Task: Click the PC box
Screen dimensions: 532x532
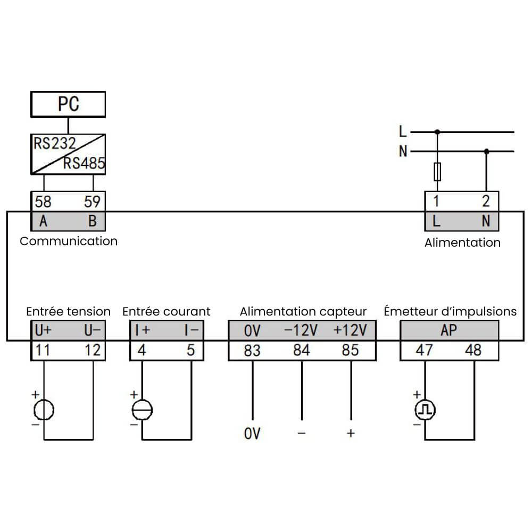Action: pos(68,104)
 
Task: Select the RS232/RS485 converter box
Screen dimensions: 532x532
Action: pos(68,154)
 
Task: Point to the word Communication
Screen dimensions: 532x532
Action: pos(69,241)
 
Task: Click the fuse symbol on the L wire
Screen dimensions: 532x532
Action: pos(437,172)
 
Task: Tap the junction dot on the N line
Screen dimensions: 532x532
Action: pos(486,152)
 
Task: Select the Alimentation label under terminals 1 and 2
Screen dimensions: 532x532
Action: pos(462,243)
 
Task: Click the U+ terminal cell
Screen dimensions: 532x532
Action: pos(43,330)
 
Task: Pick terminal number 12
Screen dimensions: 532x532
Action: pos(92,351)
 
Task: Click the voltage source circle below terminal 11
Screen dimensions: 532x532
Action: pos(44,410)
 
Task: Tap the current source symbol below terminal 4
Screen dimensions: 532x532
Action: pos(142,410)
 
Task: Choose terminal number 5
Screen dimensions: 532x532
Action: pos(191,351)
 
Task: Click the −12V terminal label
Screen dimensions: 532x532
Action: pos(301,330)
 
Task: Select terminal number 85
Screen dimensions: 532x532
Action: pos(350,351)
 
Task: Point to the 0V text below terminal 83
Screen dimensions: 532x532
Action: pos(252,434)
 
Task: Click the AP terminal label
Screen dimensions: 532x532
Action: pos(449,330)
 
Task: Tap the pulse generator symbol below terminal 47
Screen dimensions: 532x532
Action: pos(425,410)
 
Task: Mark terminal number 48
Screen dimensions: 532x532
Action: pos(473,351)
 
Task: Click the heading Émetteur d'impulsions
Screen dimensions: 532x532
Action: pos(450,311)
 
